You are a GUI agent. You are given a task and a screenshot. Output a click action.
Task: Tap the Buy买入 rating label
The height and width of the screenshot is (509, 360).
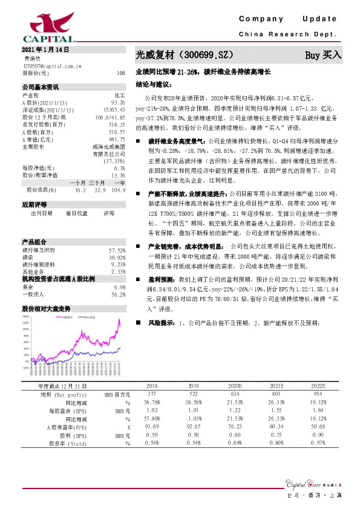click(323, 55)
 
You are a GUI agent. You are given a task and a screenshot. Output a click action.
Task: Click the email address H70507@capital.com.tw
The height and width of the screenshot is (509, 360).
click(52, 65)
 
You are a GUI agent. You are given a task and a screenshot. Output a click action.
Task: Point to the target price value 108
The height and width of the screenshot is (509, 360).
click(120, 73)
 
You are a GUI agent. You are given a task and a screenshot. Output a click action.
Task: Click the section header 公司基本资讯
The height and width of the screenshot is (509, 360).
click(40, 88)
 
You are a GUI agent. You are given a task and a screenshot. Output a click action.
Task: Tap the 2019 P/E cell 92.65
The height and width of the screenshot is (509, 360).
click(194, 427)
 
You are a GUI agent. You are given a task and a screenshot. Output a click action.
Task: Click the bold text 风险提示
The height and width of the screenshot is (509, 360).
click(162, 323)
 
